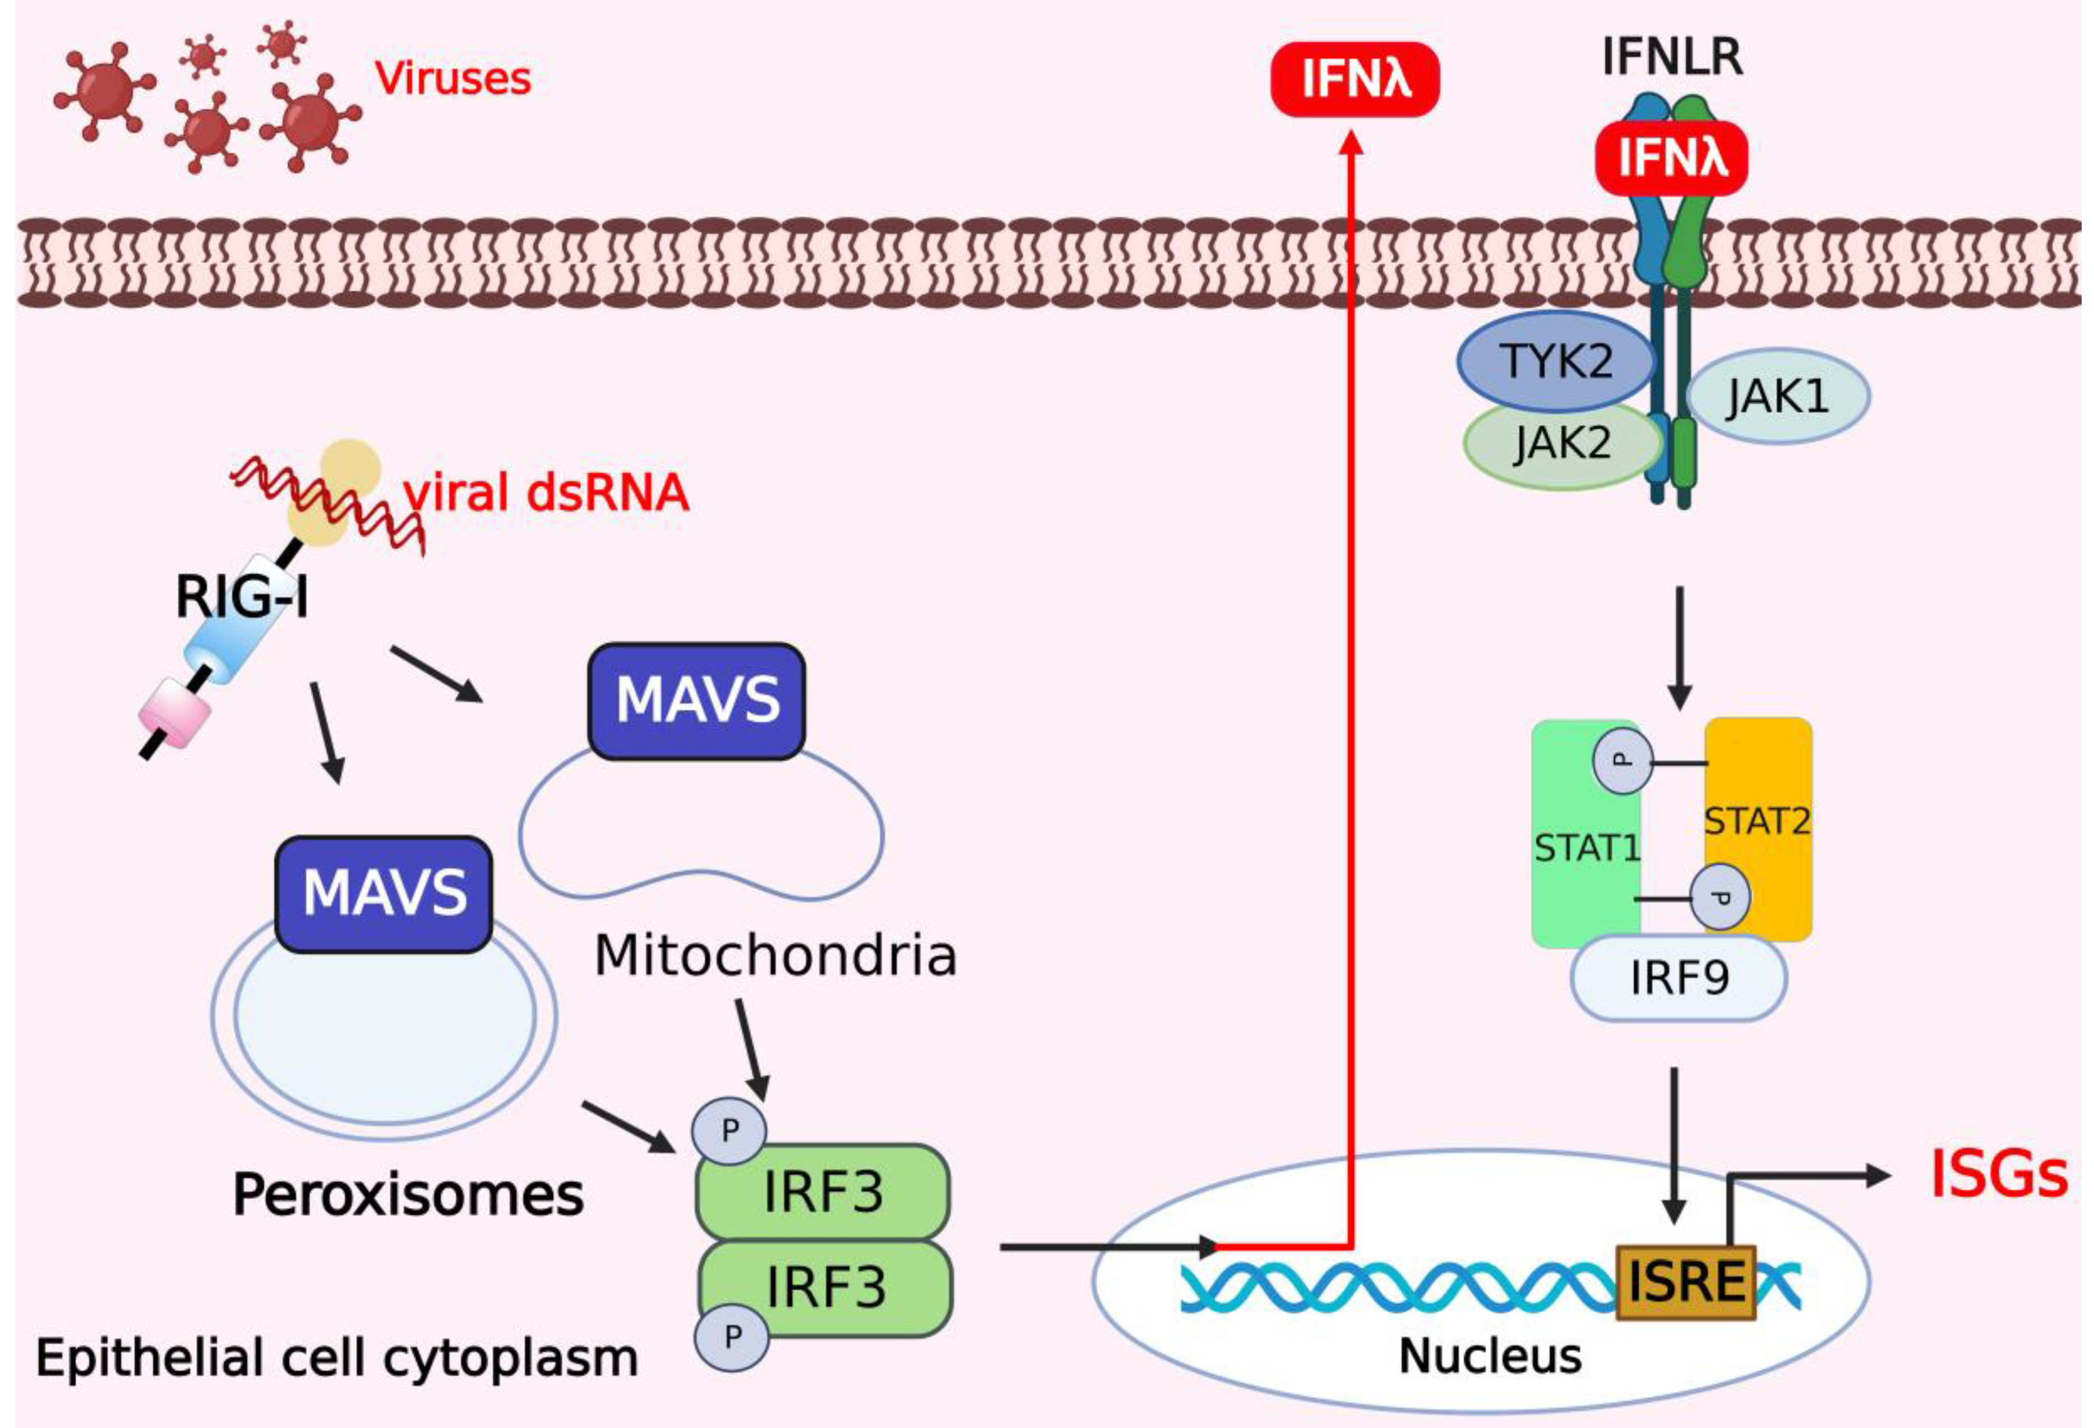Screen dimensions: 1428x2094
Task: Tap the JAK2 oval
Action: [1561, 444]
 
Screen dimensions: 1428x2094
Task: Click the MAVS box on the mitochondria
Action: [696, 701]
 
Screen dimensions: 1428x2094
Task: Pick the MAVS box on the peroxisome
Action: [384, 893]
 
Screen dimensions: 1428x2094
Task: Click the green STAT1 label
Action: [1587, 848]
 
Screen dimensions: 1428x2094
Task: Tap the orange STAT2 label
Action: [1757, 821]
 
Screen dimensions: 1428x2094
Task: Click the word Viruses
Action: [452, 79]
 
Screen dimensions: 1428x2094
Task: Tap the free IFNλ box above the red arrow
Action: [1355, 79]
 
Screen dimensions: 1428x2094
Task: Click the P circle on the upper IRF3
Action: [729, 1130]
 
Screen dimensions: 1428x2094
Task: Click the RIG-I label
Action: [242, 597]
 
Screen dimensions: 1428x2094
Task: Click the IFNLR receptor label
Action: [1671, 57]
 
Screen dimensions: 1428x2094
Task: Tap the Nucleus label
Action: [1490, 1356]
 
